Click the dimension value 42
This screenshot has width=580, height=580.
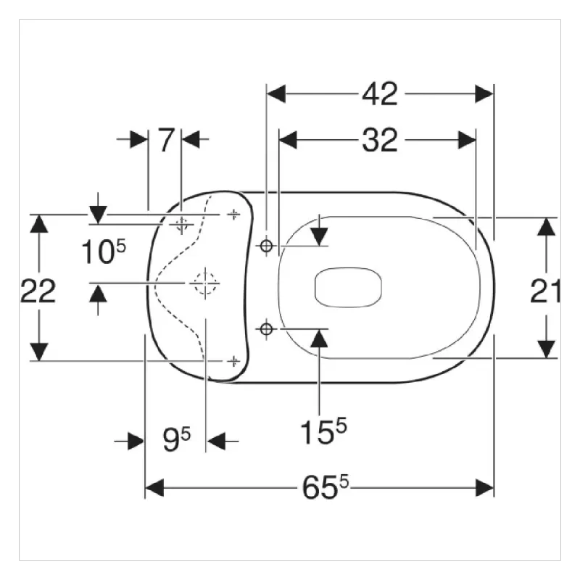379,94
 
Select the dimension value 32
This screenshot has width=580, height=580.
379,140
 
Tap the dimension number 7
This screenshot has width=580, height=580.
166,139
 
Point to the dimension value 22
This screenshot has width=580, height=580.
38,291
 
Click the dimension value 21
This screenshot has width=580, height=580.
545,291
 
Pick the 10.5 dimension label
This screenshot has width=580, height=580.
104,251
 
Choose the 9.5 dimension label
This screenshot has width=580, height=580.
176,439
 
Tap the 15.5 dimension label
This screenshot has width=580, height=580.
323,431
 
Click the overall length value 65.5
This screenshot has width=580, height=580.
325,487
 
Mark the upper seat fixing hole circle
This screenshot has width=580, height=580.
266,245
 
